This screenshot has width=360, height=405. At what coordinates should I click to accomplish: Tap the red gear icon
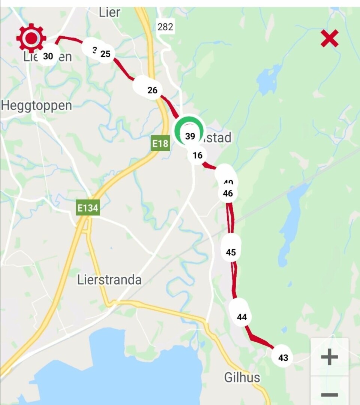pyautogui.click(x=31, y=38)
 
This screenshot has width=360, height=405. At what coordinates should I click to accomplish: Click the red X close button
pyautogui.click(x=330, y=39)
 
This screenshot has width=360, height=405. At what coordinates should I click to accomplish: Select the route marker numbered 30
pyautogui.click(x=48, y=56)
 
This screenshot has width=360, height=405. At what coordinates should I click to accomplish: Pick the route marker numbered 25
pyautogui.click(x=105, y=54)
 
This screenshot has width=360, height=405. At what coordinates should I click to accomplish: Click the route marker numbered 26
pyautogui.click(x=152, y=90)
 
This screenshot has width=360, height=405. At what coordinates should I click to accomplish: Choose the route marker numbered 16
pyautogui.click(x=198, y=155)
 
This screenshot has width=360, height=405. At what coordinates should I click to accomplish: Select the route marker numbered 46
pyautogui.click(x=228, y=193)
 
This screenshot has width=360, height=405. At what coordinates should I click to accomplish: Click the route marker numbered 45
pyautogui.click(x=231, y=252)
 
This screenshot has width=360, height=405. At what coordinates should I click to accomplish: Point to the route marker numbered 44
pyautogui.click(x=242, y=317)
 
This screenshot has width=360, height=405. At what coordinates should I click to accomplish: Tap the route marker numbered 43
pyautogui.click(x=283, y=358)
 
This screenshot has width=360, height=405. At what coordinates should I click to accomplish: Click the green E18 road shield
pyautogui.click(x=160, y=144)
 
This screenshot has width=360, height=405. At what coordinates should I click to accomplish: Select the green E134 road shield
pyautogui.click(x=88, y=208)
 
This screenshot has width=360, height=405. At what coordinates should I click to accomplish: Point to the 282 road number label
pyautogui.click(x=165, y=27)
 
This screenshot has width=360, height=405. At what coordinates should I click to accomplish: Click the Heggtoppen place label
pyautogui.click(x=36, y=106)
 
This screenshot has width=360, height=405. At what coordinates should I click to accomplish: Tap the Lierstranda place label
pyautogui.click(x=109, y=280)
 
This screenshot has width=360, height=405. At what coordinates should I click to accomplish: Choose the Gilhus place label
pyautogui.click(x=242, y=377)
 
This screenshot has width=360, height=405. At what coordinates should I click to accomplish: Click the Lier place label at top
pyautogui.click(x=109, y=12)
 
